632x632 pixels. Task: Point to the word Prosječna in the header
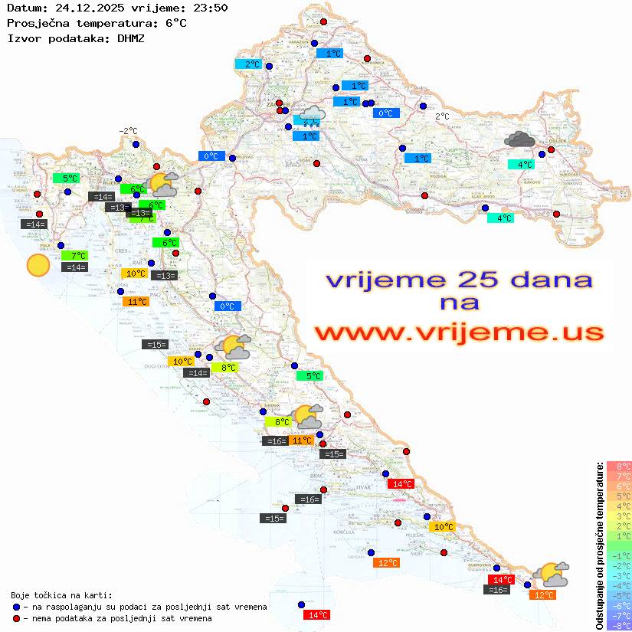34,23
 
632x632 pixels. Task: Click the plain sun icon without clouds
38,265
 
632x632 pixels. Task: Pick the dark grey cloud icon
520,139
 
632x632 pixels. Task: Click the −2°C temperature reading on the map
128,131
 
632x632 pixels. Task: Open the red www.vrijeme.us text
458,333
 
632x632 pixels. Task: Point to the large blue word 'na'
459,303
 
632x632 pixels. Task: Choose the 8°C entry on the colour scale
619,466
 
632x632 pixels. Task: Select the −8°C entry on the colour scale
619,625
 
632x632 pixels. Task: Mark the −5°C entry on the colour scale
619,595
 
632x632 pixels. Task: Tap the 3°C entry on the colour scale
619,516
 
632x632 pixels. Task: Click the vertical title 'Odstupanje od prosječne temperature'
600,545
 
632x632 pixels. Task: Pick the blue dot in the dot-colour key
18,607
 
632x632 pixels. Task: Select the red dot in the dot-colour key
18,618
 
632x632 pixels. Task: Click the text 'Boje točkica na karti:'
61,594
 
